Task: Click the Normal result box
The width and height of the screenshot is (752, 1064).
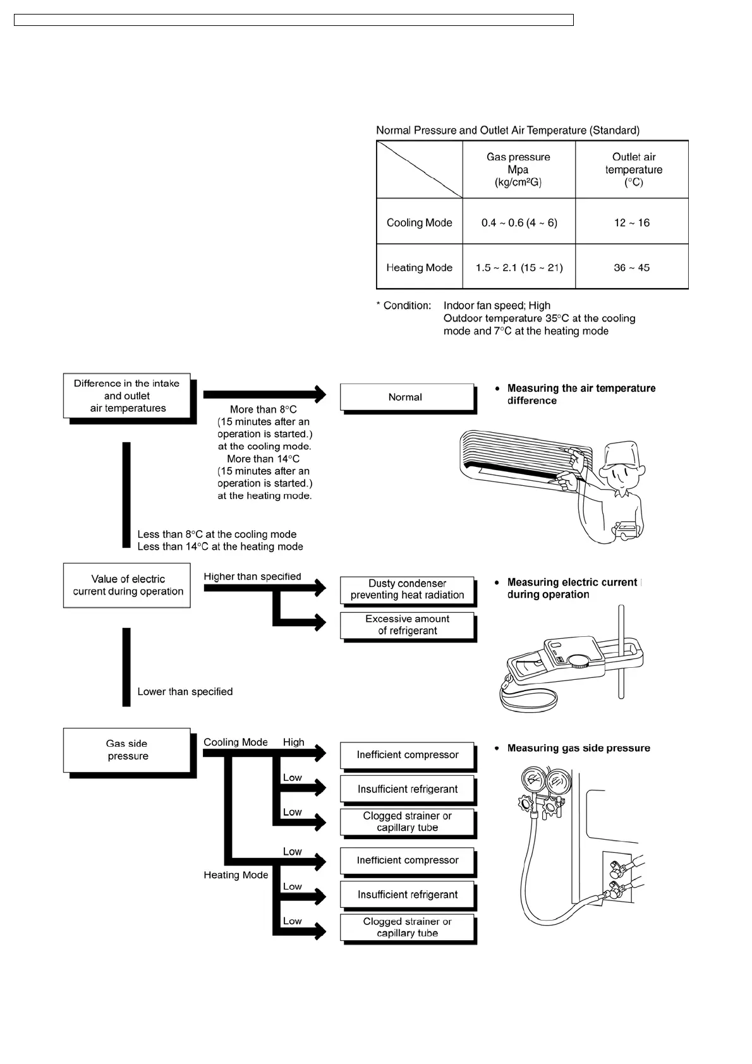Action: [x=406, y=397]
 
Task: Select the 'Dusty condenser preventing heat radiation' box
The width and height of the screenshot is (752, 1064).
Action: [x=407, y=589]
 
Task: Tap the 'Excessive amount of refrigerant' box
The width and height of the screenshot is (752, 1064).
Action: [x=407, y=625]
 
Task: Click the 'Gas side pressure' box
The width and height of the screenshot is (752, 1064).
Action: [x=127, y=750]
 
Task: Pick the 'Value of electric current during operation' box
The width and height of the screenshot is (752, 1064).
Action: [x=127, y=586]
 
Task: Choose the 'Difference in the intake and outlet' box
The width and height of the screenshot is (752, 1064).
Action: [x=127, y=396]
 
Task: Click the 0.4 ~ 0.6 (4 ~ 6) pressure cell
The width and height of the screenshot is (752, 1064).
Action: [x=519, y=222]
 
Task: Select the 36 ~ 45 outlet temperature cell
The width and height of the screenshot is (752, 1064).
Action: [x=631, y=268]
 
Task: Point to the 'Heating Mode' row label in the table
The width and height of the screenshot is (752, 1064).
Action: [x=419, y=268]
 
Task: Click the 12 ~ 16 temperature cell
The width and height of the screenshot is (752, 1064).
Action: [x=631, y=222]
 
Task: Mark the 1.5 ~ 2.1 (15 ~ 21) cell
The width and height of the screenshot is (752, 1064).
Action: [x=519, y=268]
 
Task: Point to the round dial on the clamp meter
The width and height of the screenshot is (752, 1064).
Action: [x=577, y=661]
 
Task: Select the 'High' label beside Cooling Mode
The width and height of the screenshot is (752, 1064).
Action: [x=293, y=742]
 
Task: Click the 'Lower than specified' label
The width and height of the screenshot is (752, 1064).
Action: [x=185, y=692]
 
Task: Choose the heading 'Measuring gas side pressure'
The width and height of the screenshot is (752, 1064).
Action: [x=578, y=749]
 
